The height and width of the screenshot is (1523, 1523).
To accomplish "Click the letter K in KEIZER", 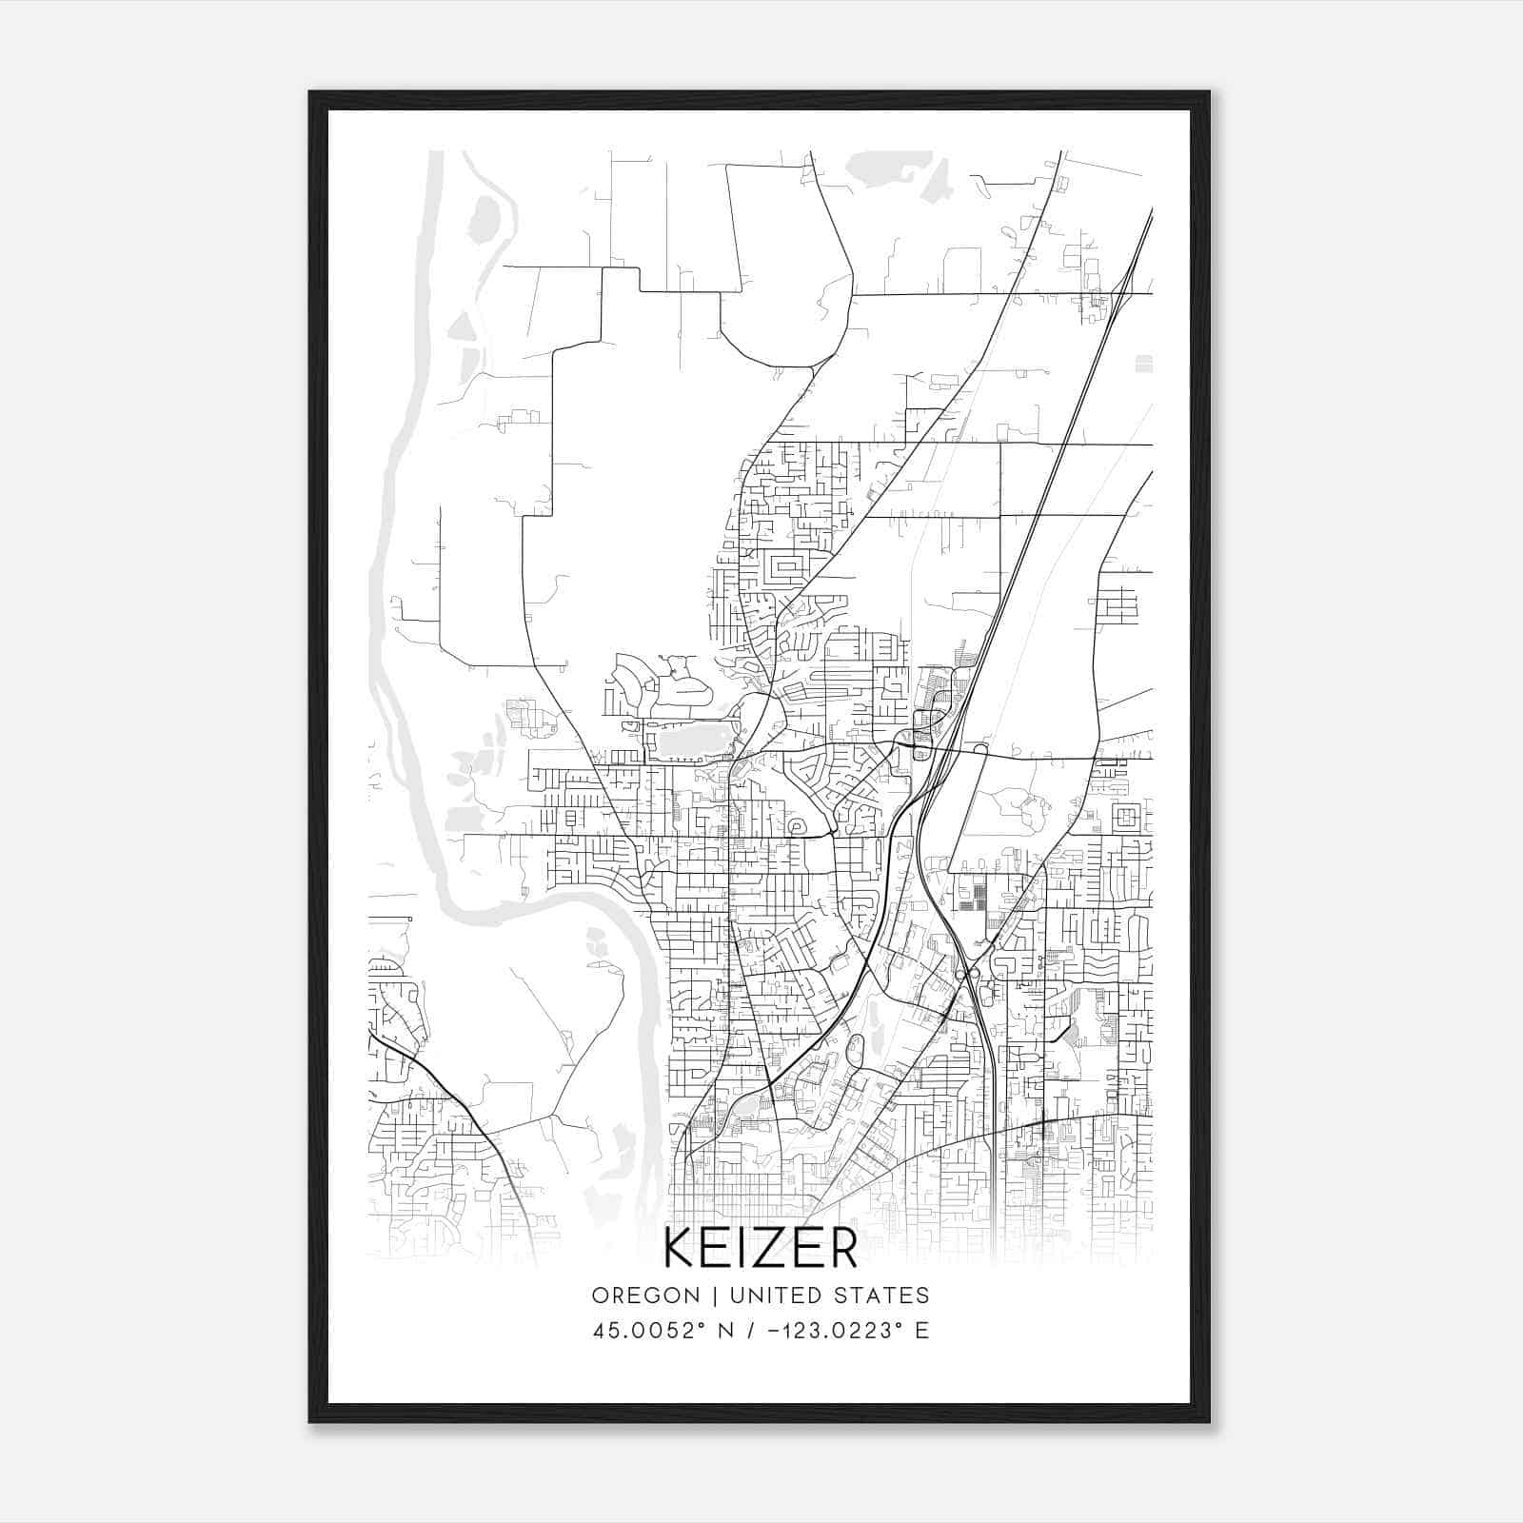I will [x=682, y=1249].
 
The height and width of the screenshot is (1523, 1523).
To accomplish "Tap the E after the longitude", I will [x=921, y=1331].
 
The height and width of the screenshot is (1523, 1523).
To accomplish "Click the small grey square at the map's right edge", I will [x=1144, y=364].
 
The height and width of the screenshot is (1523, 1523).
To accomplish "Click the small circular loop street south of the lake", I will [x=795, y=827].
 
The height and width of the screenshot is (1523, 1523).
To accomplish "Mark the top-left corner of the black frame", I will [x=310, y=92].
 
